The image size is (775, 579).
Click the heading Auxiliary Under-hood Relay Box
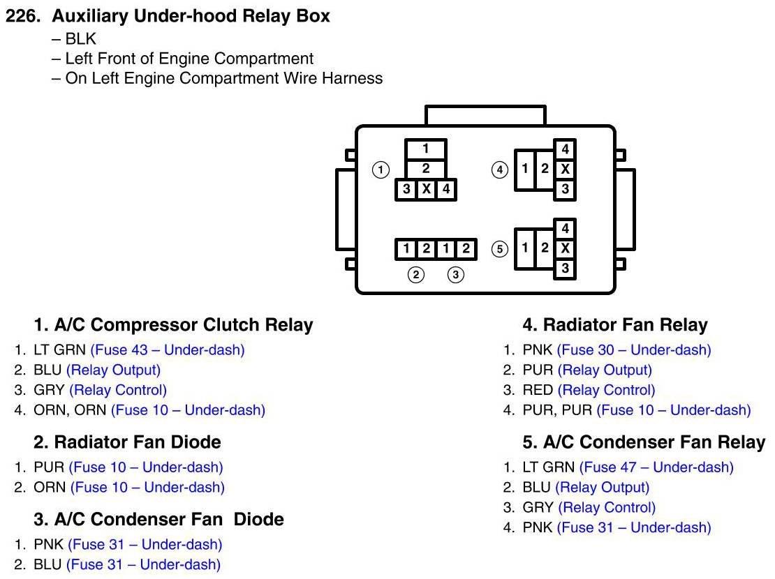pyautogui.click(x=191, y=17)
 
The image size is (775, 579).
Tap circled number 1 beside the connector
pyautogui.click(x=381, y=170)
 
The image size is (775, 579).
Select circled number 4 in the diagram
pyautogui.click(x=499, y=170)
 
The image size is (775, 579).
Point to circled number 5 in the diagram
pyautogui.click(x=499, y=249)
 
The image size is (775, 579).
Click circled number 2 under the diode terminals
pyautogui.click(x=416, y=275)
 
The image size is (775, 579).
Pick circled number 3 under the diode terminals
pyautogui.click(x=456, y=275)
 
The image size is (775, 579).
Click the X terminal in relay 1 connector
pyautogui.click(x=426, y=189)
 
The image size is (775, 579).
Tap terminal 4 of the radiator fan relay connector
pyautogui.click(x=566, y=149)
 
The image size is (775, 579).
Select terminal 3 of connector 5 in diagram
pyautogui.click(x=566, y=269)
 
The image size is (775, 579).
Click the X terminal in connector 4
pyautogui.click(x=566, y=170)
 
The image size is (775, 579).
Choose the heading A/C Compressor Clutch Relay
pyautogui.click(x=174, y=325)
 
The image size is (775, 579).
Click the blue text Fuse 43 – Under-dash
pyautogui.click(x=168, y=350)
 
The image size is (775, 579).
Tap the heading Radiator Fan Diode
pyautogui.click(x=128, y=442)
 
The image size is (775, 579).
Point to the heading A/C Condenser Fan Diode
pyautogui.click(x=159, y=519)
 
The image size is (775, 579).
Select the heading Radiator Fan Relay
pyautogui.click(x=615, y=325)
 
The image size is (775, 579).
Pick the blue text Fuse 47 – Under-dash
pyautogui.click(x=656, y=467)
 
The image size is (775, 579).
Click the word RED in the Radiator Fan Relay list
pyautogui.click(x=538, y=390)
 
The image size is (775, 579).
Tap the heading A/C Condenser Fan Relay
pyautogui.click(x=644, y=442)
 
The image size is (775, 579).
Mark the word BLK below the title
pyautogui.click(x=81, y=39)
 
